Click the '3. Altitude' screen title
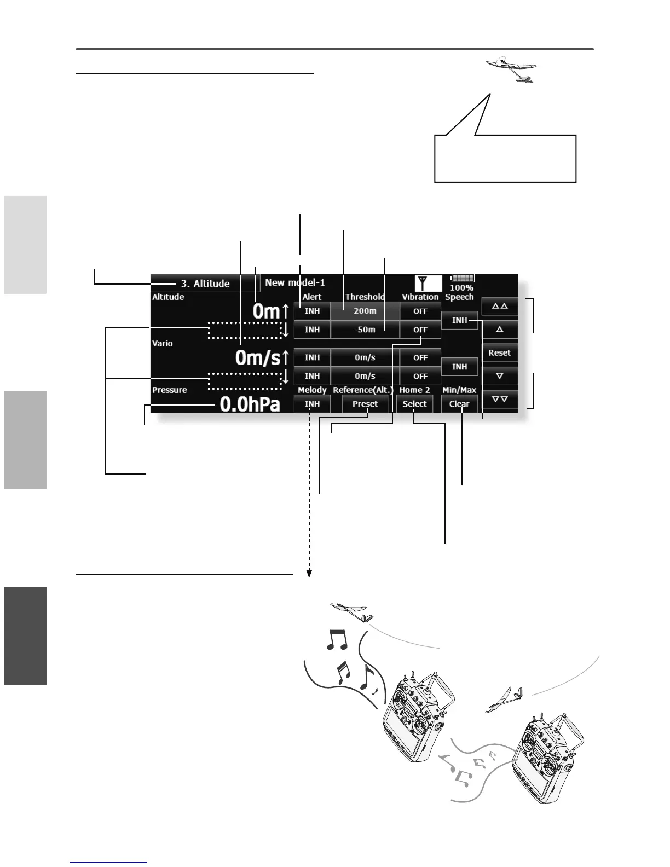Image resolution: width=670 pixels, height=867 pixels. (x=205, y=284)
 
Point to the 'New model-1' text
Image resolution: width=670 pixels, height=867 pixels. (x=295, y=282)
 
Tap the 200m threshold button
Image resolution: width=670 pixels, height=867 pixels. (x=365, y=311)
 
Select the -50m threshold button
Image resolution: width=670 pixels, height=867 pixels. (x=365, y=330)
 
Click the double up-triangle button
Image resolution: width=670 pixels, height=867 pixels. (x=500, y=306)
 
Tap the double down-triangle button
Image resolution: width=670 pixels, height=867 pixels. (x=500, y=399)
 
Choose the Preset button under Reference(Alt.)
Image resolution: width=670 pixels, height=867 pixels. (x=365, y=404)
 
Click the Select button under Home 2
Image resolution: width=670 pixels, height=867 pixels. (x=414, y=404)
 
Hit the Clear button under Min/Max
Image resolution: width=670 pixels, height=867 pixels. (x=459, y=404)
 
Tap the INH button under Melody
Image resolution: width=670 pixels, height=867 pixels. (x=312, y=404)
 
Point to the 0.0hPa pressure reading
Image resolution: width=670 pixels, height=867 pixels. (x=250, y=404)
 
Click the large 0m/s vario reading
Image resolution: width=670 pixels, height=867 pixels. (x=258, y=358)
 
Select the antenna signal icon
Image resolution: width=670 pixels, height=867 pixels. (x=421, y=284)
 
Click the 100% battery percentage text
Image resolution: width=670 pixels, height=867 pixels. (x=461, y=288)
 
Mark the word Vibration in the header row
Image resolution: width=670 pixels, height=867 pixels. (x=420, y=297)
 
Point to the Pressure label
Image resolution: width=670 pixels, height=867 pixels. (x=170, y=390)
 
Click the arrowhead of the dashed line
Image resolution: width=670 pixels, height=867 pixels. (x=309, y=574)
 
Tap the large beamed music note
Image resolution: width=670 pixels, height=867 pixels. (x=337, y=639)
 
